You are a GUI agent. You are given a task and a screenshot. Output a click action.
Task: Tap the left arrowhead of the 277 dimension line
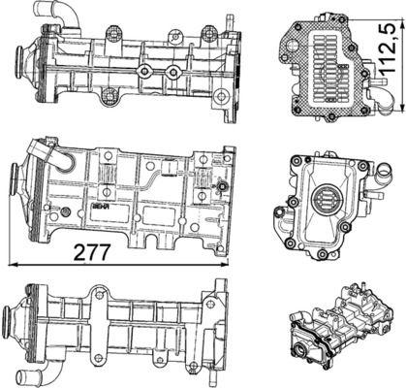pyautogui.click(x=10, y=262)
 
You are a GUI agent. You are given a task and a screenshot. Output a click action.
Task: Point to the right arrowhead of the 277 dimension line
pyautogui.click(x=232, y=262)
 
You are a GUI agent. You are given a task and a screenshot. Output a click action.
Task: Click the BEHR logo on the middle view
pyautogui.click(x=100, y=207)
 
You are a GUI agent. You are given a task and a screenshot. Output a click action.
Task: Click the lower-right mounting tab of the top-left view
pyautogui.click(x=221, y=98)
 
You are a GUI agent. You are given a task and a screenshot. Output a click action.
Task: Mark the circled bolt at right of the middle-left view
pyautogui.click(x=223, y=185)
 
